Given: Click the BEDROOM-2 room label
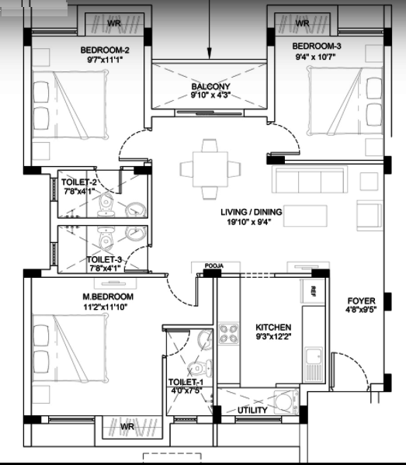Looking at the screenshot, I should (104, 51).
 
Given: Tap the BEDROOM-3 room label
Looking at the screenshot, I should (317, 47).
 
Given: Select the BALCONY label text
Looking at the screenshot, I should (210, 87).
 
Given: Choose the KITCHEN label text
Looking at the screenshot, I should (273, 328).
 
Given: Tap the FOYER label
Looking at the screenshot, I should (361, 300).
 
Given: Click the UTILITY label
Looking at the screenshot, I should (252, 410).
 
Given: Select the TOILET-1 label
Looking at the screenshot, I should (186, 383).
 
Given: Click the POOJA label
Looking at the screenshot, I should (213, 266).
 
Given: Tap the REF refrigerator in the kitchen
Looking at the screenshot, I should (313, 292).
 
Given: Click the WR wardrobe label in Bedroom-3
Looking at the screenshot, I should (303, 23).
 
